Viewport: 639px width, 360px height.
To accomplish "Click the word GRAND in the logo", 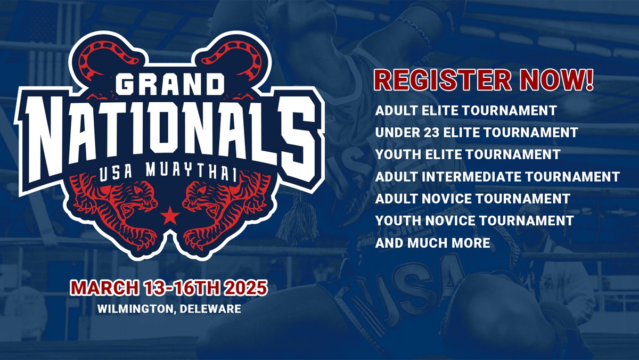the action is pos(170,85).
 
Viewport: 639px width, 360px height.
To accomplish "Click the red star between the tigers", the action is pos(170,215).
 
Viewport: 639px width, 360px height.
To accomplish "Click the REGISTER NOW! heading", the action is pos(484,80).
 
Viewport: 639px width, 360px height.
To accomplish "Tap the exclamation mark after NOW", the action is pos(589,80).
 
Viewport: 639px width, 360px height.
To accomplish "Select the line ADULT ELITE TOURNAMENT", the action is pos(466,110).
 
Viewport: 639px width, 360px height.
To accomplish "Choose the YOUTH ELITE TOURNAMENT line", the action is pos(468,154).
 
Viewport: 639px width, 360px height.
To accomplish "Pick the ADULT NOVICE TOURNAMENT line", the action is pos(473,199).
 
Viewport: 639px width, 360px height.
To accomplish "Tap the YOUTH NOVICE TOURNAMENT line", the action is pos(474,220).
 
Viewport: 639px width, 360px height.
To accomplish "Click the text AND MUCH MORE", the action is pos(433,243).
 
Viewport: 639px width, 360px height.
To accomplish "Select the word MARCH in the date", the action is pos(105,288).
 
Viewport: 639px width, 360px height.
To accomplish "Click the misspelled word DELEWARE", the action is pos(210,309).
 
